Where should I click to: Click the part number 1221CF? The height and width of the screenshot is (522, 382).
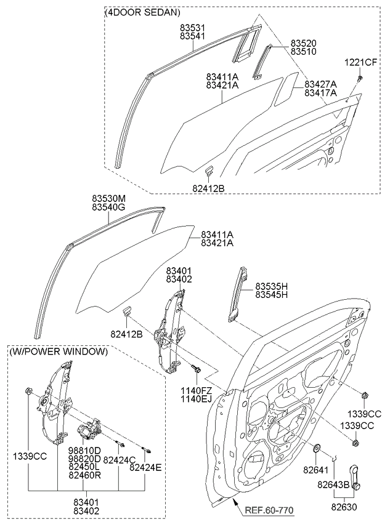(361, 63)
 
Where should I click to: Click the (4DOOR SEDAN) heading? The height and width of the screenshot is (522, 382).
(144, 12)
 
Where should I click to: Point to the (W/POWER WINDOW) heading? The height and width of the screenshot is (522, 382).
(59, 351)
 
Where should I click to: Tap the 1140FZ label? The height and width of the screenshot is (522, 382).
(196, 390)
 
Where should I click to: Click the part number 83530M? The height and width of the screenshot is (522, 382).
(109, 198)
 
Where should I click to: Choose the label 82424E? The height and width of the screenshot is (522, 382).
(146, 468)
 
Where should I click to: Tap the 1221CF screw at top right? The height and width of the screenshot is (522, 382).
(361, 78)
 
